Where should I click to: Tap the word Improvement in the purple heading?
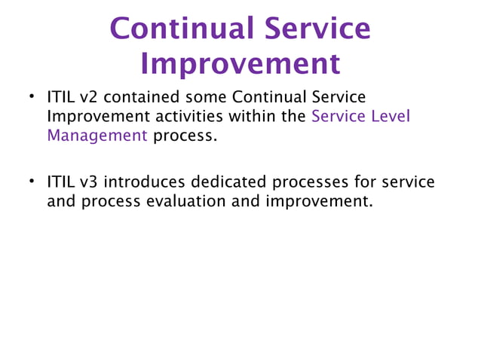pyautogui.click(x=240, y=64)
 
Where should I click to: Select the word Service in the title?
pyautogui.click(x=317, y=29)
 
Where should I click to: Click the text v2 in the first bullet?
pyautogui.click(x=89, y=99)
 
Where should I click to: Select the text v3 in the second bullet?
pyautogui.click(x=89, y=183)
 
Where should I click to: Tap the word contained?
pyautogui.click(x=141, y=99)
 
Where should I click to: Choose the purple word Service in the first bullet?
pyautogui.click(x=338, y=117)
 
